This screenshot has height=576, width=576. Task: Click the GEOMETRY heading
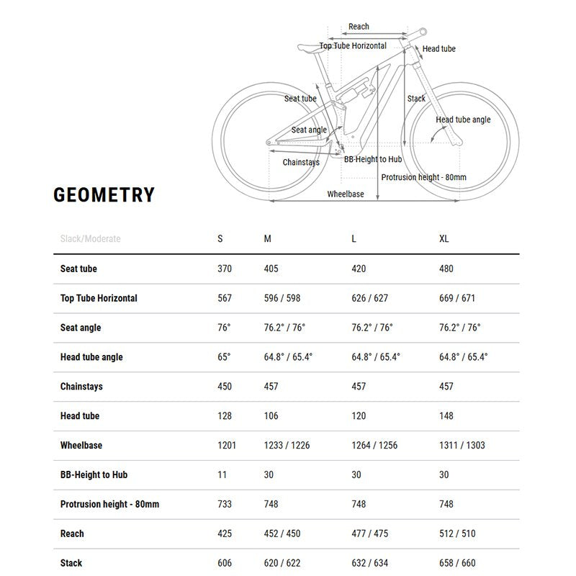pos(104,195)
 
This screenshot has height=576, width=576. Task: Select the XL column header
pos(444,239)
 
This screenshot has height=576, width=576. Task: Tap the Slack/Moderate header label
pos(91,239)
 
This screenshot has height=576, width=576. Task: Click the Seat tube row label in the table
pos(78,269)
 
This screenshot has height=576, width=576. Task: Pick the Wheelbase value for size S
pos(227,445)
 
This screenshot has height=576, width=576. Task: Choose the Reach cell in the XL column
pos(456,534)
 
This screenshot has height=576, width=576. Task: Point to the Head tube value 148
pos(446,415)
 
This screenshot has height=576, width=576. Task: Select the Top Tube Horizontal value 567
pos(225,298)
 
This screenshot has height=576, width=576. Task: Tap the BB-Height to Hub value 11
pos(222,474)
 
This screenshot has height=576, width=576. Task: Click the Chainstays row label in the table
pos(81,387)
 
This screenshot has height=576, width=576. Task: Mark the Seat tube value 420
pos(359,269)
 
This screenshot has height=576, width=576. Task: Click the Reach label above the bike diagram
pos(359,27)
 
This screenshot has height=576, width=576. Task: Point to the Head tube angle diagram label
pos(463,120)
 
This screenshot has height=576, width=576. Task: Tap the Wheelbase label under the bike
pos(346,194)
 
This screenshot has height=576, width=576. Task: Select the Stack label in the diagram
pos(416,99)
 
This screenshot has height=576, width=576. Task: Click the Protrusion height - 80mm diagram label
pos(423,177)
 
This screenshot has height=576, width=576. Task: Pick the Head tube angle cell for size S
pos(224,357)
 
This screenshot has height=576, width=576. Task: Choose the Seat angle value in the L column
pos(372,328)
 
